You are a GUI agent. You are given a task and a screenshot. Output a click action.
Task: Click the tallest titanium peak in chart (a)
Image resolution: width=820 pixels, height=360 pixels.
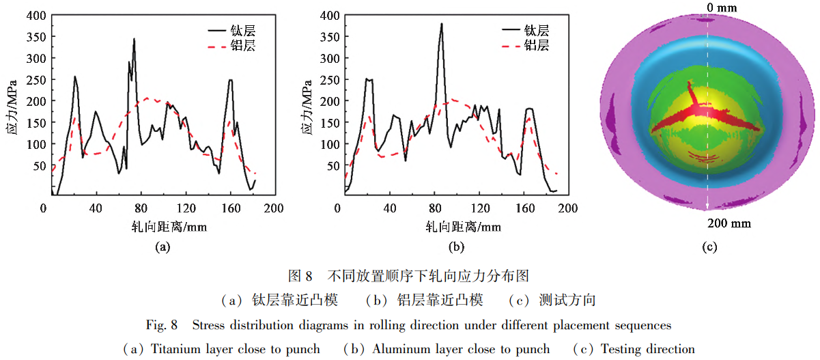[x=134, y=40]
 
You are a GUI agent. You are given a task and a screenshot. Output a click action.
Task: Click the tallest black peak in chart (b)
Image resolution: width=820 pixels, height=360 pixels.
[x=442, y=24]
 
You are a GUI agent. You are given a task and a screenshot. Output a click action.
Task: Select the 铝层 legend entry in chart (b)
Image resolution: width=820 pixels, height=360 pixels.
[x=537, y=46]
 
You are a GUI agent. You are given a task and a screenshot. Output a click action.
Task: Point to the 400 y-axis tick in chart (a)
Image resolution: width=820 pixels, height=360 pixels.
[x=38, y=15]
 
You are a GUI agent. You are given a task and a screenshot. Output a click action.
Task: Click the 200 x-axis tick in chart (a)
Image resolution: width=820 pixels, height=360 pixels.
[x=274, y=208]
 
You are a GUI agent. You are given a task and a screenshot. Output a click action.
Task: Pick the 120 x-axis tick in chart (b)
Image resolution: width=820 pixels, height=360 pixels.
[x=482, y=208]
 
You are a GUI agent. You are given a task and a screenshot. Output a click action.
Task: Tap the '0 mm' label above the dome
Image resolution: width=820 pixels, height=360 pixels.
[x=711, y=8]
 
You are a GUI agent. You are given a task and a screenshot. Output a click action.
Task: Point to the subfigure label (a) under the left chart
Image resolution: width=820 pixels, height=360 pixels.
[x=162, y=247]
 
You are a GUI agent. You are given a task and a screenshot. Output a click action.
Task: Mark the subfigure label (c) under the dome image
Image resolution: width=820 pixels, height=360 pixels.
[x=709, y=247]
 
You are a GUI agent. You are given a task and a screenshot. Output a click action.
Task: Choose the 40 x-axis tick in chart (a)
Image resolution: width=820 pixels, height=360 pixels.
[x=96, y=208]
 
